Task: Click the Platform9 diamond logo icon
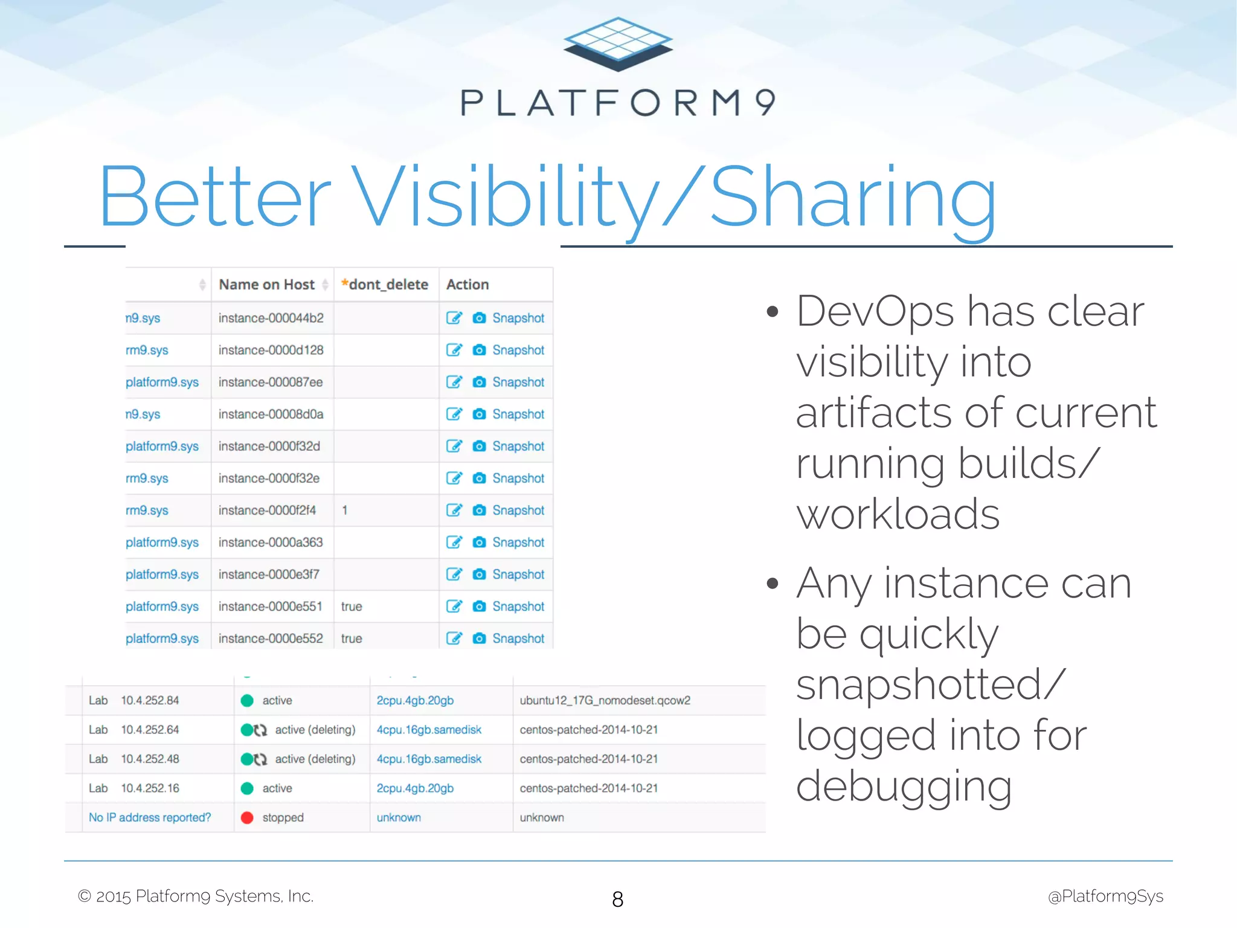(x=618, y=44)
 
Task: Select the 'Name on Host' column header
(x=266, y=285)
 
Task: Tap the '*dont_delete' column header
(x=385, y=285)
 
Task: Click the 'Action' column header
(x=467, y=285)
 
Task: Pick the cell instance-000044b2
(x=271, y=318)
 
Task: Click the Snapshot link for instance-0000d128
(x=518, y=350)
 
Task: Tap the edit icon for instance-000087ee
(x=454, y=382)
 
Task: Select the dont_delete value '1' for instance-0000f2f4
(x=344, y=511)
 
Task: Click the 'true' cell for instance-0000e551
(x=352, y=607)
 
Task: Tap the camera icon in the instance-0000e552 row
(x=479, y=639)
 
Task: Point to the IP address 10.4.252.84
(x=150, y=701)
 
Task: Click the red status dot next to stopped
(x=246, y=818)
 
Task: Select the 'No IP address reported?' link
(x=150, y=818)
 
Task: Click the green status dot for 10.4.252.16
(x=246, y=788)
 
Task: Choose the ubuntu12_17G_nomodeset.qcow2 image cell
(x=605, y=701)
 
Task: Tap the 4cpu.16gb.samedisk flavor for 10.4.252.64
(x=429, y=730)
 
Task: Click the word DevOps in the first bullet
(x=875, y=312)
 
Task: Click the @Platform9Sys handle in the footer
(x=1105, y=897)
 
